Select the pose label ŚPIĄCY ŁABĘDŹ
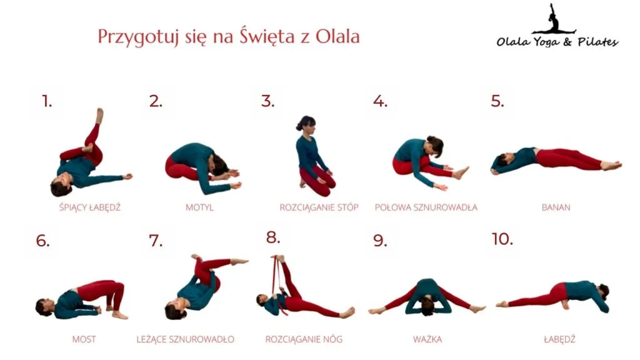(x=90, y=207)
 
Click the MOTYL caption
(x=199, y=207)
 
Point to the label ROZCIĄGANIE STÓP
(x=319, y=207)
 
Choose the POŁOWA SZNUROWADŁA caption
(x=426, y=207)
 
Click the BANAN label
(x=556, y=207)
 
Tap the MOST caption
(x=84, y=339)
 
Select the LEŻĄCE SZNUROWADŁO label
(x=185, y=339)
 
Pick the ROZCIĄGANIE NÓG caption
(x=304, y=339)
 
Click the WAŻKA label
(x=427, y=339)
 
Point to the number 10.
(x=502, y=239)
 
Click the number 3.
(x=267, y=101)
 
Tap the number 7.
(x=156, y=241)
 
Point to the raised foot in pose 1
(x=99, y=116)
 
